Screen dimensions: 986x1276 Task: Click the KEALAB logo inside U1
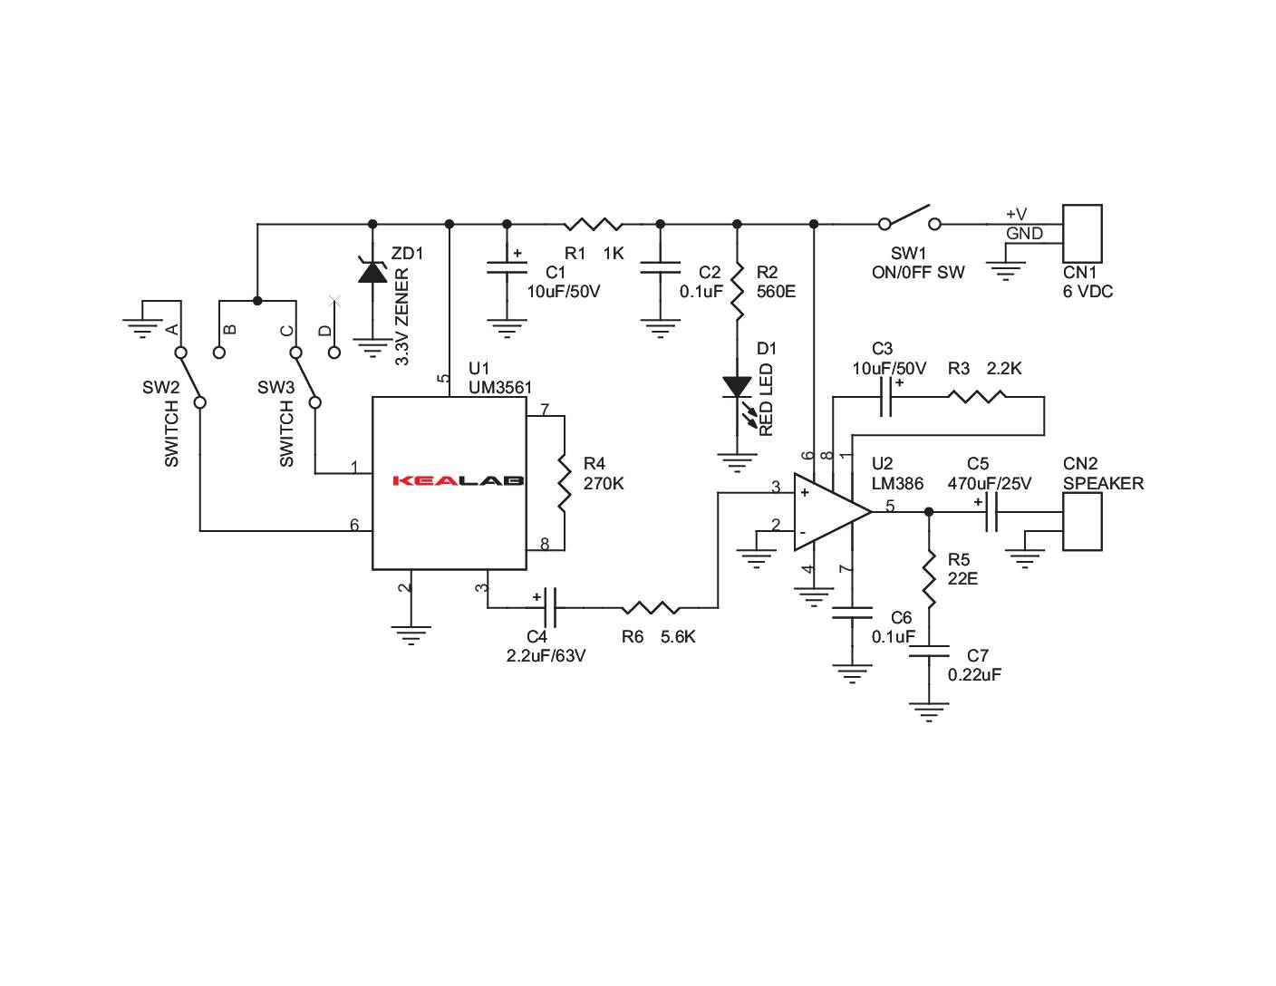pos(459,480)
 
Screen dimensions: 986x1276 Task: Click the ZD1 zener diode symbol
pos(372,270)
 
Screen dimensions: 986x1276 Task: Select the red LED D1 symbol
pos(737,387)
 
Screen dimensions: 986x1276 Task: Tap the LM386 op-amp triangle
pos(827,512)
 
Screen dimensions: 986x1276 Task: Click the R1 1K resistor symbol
pos(593,223)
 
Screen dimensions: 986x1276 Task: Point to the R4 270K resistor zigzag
pos(564,482)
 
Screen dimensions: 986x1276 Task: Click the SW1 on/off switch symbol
pos(909,218)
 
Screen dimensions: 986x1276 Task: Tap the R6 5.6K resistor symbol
pos(650,607)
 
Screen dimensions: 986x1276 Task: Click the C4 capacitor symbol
pos(550,607)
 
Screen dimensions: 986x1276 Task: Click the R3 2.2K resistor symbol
pos(977,396)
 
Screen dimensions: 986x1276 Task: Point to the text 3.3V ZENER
pos(403,316)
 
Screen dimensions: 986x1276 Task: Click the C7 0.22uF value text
pos(974,675)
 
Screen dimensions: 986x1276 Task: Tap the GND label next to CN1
pos(1024,234)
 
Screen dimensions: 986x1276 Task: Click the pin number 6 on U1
pos(354,525)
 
